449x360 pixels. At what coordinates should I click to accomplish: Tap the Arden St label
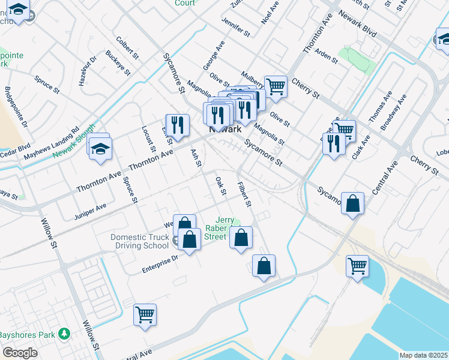(x=327, y=55)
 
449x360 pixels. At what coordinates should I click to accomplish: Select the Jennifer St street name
(x=235, y=26)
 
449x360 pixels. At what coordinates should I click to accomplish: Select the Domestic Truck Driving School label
(x=139, y=241)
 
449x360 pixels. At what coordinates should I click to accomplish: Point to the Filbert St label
(x=243, y=194)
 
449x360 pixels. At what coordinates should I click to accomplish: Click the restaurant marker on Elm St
(x=177, y=125)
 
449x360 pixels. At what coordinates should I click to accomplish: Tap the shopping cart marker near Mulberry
(x=276, y=86)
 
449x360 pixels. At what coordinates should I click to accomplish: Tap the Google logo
(x=20, y=353)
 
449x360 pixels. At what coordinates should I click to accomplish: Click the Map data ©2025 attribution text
(x=424, y=355)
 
